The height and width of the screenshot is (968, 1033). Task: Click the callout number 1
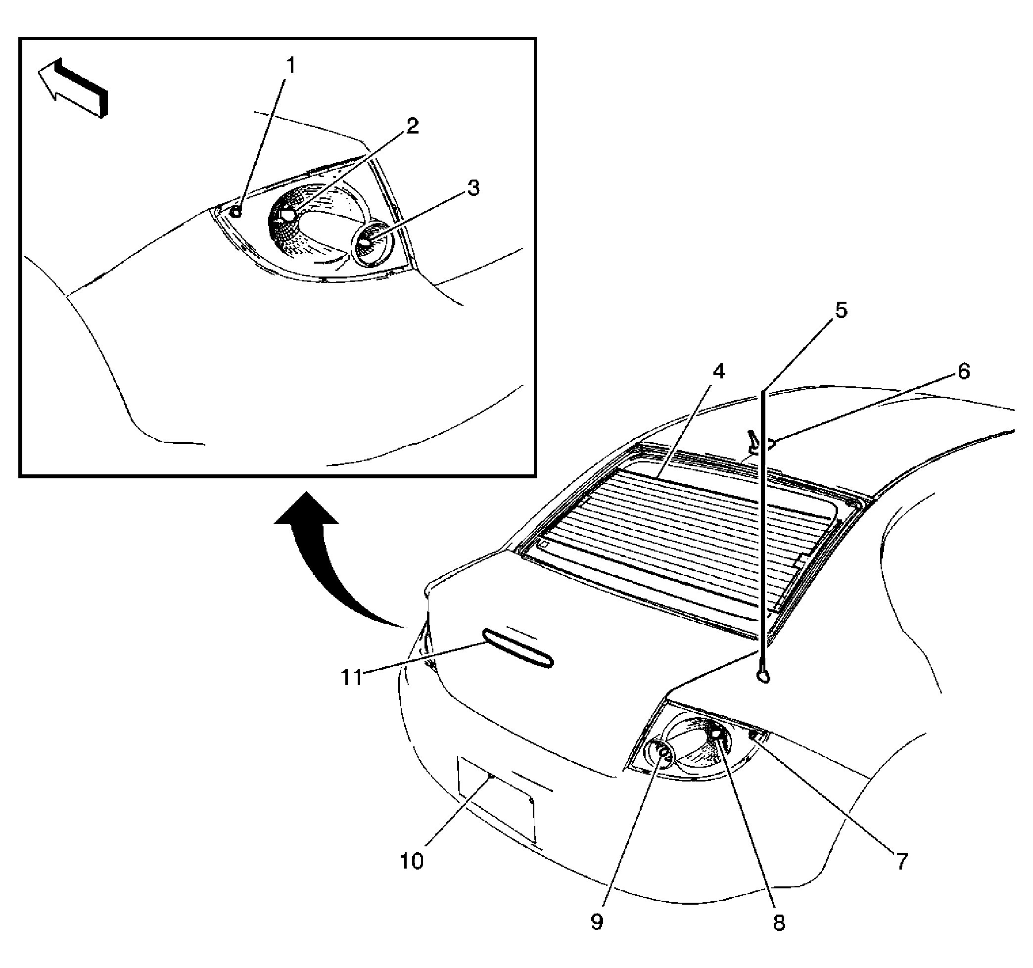coord(290,66)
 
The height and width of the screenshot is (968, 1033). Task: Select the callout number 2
coord(412,126)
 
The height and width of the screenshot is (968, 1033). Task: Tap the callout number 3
coord(473,188)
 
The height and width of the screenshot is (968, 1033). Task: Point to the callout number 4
coord(719,371)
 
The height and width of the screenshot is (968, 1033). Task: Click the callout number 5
coord(841,310)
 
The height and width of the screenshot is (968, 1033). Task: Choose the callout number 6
coord(963,371)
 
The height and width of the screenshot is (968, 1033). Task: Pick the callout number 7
coord(901,862)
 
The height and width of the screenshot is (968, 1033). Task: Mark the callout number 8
coord(779,923)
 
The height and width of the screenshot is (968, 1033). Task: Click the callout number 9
coord(597,922)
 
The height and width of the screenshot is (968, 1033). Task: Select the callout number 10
coord(412,862)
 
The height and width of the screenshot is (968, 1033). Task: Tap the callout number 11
coord(352,678)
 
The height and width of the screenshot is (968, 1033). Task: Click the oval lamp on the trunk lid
coord(518,648)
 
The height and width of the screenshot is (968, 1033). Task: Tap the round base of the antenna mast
coord(763,676)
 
